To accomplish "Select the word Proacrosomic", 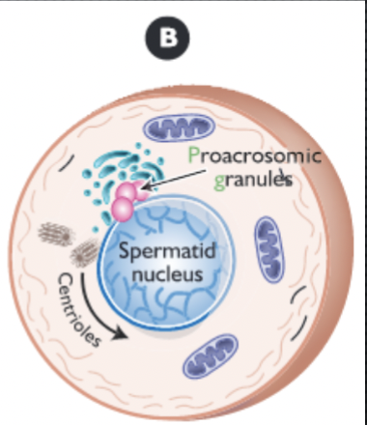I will pos(255,157).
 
